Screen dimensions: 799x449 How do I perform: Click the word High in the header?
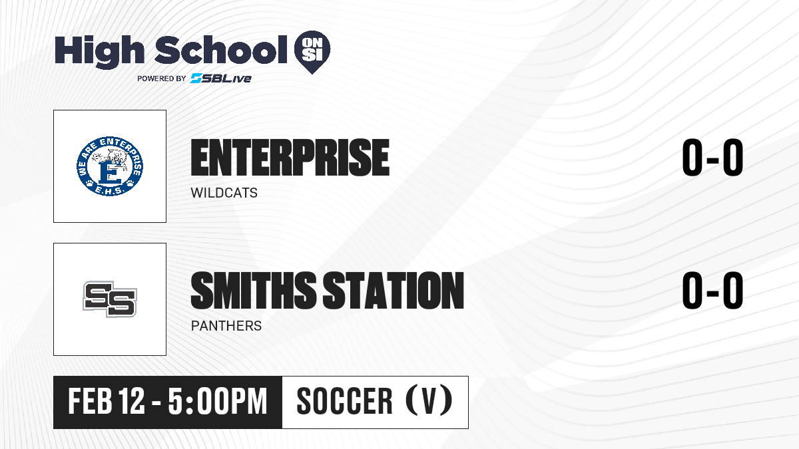(99, 51)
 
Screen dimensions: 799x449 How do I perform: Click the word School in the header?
(221, 50)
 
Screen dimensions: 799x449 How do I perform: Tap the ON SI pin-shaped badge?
(312, 52)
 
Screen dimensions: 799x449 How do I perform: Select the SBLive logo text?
(221, 78)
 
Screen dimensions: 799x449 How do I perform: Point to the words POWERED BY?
(162, 78)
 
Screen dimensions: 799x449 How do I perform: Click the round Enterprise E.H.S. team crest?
(110, 166)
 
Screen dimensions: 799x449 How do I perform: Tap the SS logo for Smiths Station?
(110, 299)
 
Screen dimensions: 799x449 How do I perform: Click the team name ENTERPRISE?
(290, 158)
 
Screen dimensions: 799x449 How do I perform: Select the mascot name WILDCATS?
(224, 193)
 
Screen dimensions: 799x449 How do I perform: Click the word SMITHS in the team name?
(254, 291)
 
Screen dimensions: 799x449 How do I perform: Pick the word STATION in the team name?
(394, 291)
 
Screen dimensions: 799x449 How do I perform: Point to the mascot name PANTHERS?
(226, 326)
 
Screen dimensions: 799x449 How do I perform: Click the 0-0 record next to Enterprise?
(712, 158)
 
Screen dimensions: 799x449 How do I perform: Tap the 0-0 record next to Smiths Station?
(712, 291)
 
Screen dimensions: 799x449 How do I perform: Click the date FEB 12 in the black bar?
(107, 401)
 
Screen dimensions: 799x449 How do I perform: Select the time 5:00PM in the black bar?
(218, 401)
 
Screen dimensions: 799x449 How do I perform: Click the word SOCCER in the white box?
(345, 401)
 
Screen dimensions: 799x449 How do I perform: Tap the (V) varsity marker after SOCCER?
(429, 400)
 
